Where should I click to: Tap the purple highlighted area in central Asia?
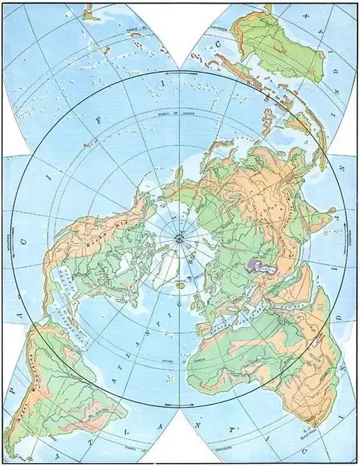coord(260,266)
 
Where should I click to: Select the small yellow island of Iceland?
coord(179,285)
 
